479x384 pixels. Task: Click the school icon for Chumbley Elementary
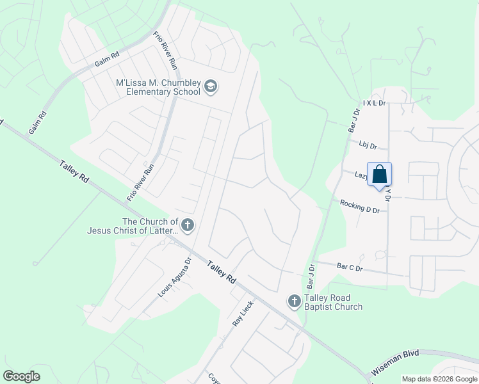click(211, 86)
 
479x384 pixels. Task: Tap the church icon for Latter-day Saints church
click(188, 225)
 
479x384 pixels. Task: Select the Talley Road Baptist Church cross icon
click(294, 301)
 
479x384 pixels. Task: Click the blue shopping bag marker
click(379, 174)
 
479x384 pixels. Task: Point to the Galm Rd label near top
click(107, 60)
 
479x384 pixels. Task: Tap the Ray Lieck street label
click(243, 314)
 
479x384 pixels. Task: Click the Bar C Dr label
click(350, 268)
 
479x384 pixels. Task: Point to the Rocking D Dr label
click(364, 206)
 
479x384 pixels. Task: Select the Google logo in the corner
click(21, 376)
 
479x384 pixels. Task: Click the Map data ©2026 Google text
click(439, 379)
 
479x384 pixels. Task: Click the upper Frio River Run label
click(165, 51)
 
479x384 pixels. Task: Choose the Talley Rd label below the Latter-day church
click(222, 272)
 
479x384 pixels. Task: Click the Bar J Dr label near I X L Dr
click(354, 120)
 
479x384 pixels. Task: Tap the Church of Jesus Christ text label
click(134, 227)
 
